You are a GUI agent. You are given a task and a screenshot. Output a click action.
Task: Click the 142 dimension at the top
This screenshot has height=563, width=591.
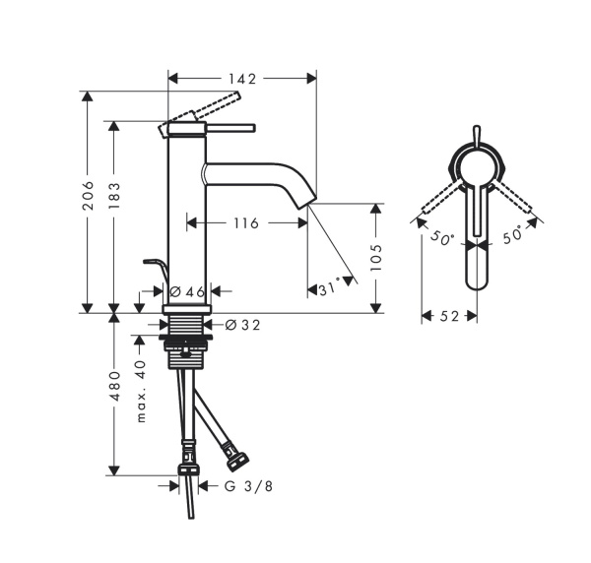click(242, 78)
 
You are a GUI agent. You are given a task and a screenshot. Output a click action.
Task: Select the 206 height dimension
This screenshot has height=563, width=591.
click(88, 201)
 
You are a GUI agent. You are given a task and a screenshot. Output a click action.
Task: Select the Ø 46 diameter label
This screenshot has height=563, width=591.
click(186, 291)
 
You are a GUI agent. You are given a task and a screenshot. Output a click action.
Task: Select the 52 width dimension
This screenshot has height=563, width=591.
click(449, 316)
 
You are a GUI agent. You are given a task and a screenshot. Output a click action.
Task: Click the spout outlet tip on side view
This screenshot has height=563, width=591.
click(308, 203)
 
